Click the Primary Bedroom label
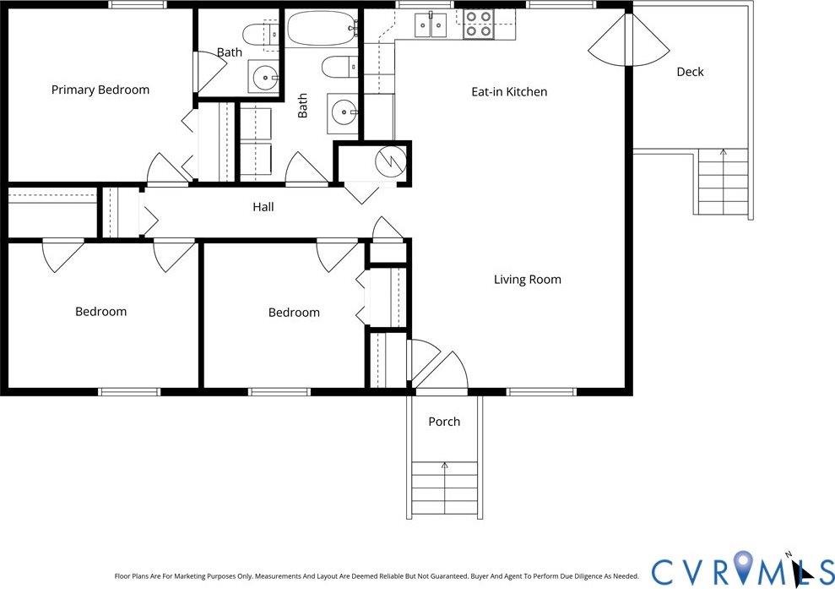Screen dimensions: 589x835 tap(100, 90)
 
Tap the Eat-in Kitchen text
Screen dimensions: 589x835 tap(509, 91)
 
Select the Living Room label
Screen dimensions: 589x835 tap(527, 280)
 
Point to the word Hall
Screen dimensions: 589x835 tap(263, 207)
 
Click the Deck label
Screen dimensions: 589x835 tap(690, 72)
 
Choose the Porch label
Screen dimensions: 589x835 tap(444, 422)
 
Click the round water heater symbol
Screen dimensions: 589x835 tap(390, 161)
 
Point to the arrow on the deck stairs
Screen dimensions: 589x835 tap(723, 154)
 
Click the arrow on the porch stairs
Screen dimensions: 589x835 tap(444, 466)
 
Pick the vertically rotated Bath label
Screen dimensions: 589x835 tap(302, 106)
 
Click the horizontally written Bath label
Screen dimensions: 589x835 tap(229, 52)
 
